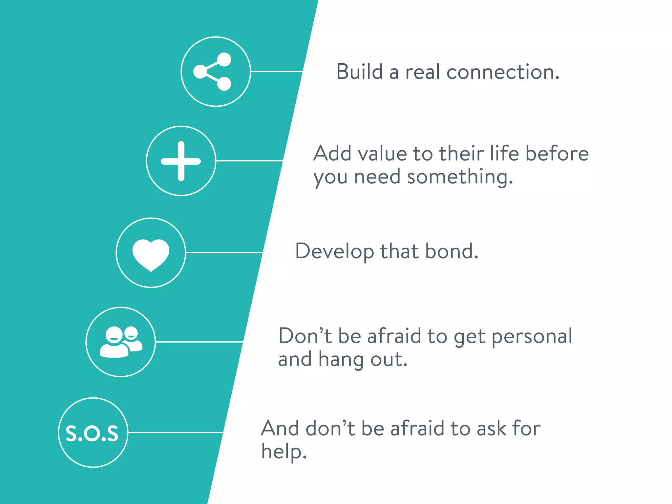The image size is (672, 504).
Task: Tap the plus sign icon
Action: tap(181, 161)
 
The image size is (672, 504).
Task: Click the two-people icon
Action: tap(121, 342)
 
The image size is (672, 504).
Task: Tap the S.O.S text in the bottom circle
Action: tap(92, 433)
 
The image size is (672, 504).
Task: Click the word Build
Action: tap(360, 72)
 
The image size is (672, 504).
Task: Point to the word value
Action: tap(382, 154)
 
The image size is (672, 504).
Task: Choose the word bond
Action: tap(451, 251)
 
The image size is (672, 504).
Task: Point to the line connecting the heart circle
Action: tap(224, 253)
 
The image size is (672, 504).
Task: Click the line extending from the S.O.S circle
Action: tap(176, 432)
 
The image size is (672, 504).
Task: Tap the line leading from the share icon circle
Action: tap(276, 71)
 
